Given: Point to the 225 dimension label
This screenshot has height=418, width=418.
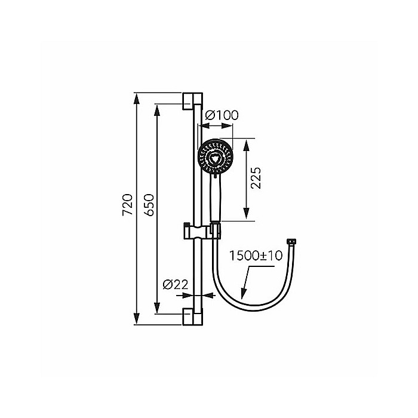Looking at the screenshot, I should [256, 179].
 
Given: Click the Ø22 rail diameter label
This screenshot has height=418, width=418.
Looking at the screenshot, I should [175, 285].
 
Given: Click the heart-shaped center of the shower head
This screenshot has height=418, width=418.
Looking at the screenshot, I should [214, 158].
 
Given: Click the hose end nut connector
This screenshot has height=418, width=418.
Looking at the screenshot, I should [292, 242].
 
